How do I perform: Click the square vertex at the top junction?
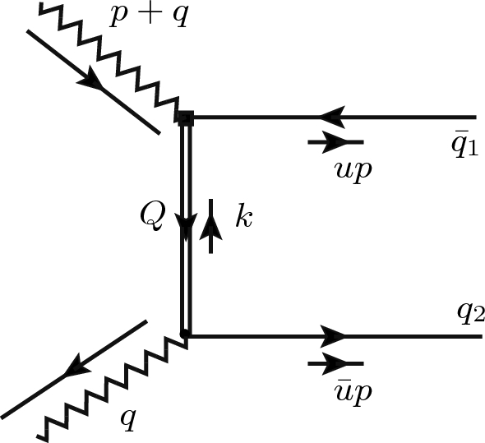click(x=185, y=118)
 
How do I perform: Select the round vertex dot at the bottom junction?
click(x=185, y=335)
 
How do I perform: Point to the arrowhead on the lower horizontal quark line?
click(x=333, y=335)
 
